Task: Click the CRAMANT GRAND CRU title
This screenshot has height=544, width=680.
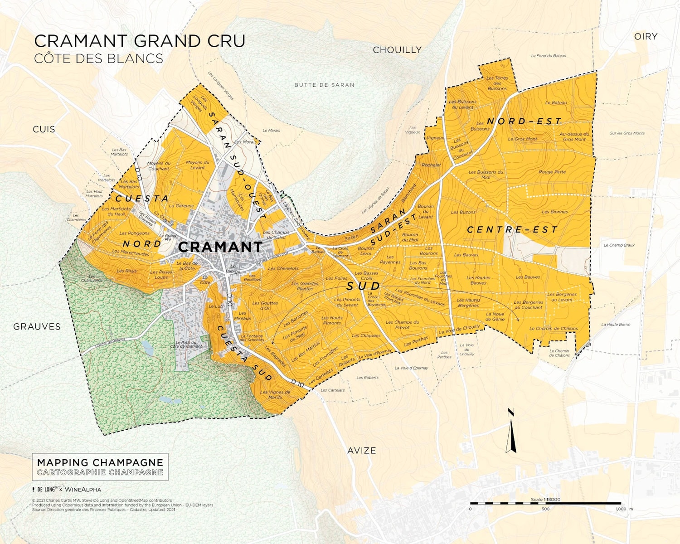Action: pyautogui.click(x=140, y=41)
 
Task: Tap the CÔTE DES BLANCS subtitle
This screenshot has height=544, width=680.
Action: pyautogui.click(x=98, y=59)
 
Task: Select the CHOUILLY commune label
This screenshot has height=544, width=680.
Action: pyautogui.click(x=397, y=50)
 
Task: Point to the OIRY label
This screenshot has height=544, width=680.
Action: pyautogui.click(x=646, y=37)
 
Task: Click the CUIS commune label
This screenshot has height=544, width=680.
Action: pyautogui.click(x=44, y=129)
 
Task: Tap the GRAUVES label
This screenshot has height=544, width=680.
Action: pyautogui.click(x=37, y=326)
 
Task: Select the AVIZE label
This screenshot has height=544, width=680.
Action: pyautogui.click(x=362, y=451)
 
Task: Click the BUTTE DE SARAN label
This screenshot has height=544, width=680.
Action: pyautogui.click(x=325, y=85)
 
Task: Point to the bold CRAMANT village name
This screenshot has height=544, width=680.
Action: pyautogui.click(x=220, y=247)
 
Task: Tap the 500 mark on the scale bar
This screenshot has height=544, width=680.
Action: pyautogui.click(x=545, y=509)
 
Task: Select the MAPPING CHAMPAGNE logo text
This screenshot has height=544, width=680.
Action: pyautogui.click(x=100, y=462)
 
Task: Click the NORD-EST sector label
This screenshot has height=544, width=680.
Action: pyautogui.click(x=524, y=121)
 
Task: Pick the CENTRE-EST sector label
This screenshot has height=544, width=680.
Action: pyautogui.click(x=512, y=230)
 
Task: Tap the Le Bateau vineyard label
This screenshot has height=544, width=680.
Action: pyautogui.click(x=556, y=103)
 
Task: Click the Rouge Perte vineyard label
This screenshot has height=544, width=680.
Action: pyautogui.click(x=552, y=172)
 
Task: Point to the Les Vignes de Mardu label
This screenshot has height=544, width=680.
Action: pyautogui.click(x=275, y=394)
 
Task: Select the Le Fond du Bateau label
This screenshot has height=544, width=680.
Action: pyautogui.click(x=549, y=56)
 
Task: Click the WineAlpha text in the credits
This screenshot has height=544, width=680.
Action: pyautogui.click(x=83, y=490)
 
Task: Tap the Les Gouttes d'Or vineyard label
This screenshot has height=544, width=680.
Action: pyautogui.click(x=265, y=306)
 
